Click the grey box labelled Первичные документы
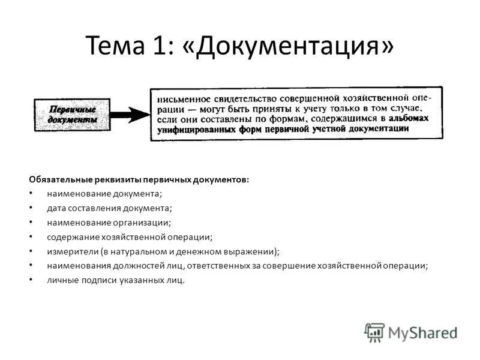coord(73,115)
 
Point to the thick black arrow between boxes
coord(129,115)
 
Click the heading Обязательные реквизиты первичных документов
coord(139,180)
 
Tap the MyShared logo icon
coord(374,332)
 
